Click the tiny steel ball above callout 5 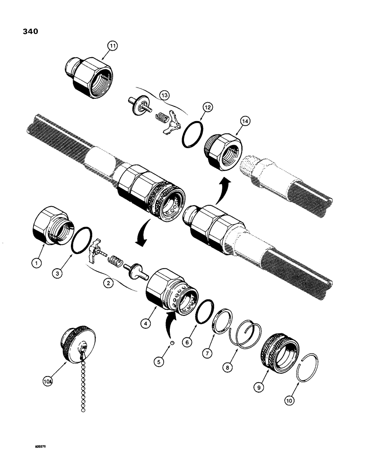[173, 342]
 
